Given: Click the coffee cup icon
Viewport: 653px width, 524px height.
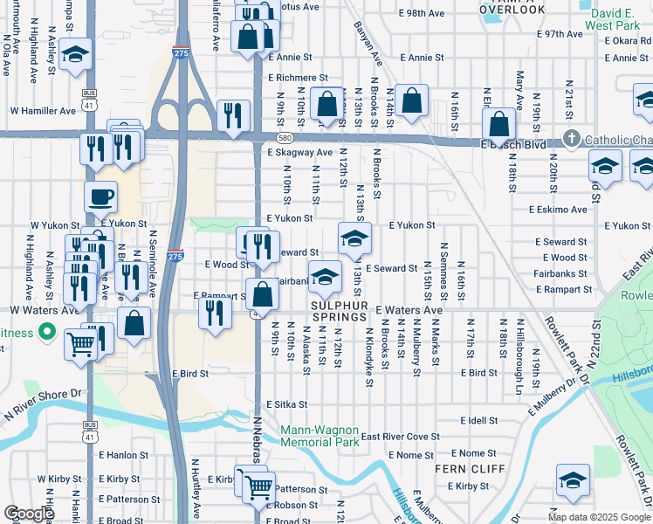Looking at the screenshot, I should pyautogui.click(x=100, y=196).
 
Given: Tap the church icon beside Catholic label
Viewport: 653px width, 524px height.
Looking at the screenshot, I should pyautogui.click(x=572, y=139).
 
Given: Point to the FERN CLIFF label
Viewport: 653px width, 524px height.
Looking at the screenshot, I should pyautogui.click(x=465, y=469).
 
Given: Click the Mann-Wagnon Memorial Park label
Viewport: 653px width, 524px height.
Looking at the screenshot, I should pyautogui.click(x=320, y=437).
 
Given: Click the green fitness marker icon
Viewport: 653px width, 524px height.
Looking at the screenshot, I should pyautogui.click(x=48, y=333).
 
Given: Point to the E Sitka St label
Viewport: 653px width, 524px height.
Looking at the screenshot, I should pyautogui.click(x=287, y=405).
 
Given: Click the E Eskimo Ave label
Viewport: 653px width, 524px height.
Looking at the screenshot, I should pyautogui.click(x=558, y=210).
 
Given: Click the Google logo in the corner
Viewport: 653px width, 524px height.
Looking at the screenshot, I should pyautogui.click(x=29, y=514).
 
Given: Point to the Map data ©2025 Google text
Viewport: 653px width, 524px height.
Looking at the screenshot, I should pyautogui.click(x=598, y=517).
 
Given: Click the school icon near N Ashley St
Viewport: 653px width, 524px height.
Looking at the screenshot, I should pyautogui.click(x=76, y=54).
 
